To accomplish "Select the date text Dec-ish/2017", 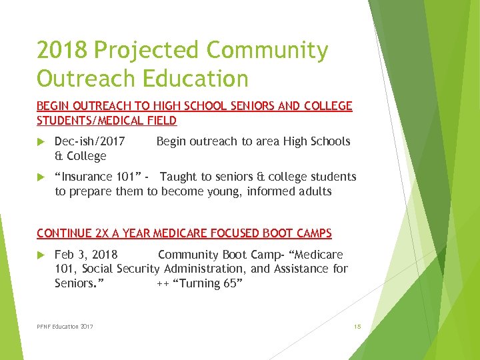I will tap(89, 141).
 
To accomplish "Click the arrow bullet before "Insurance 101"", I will tap(41, 177).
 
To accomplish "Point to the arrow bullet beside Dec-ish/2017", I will tap(41, 141).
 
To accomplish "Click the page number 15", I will tap(357, 327).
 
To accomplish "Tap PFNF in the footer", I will tap(45, 327).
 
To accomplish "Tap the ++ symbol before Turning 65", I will tap(162, 283).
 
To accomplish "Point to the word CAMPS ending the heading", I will tap(315, 233).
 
